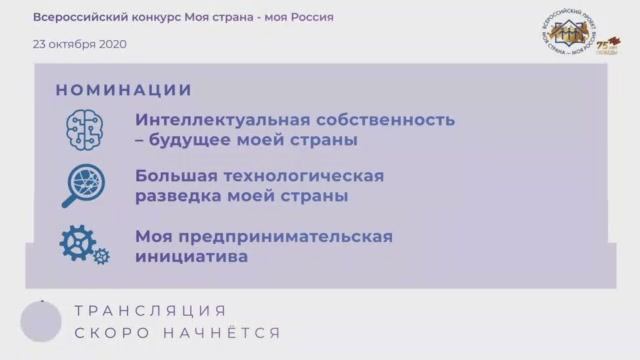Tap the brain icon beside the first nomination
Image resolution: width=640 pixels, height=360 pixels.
84,129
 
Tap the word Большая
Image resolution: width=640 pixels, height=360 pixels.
174,176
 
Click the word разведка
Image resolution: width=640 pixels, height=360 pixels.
180,197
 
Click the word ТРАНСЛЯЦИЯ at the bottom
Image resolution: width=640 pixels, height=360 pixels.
150,311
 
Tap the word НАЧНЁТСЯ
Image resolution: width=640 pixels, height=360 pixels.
227,332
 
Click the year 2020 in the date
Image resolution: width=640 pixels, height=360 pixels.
110,44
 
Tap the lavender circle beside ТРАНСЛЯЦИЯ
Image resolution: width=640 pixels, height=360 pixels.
41,322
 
